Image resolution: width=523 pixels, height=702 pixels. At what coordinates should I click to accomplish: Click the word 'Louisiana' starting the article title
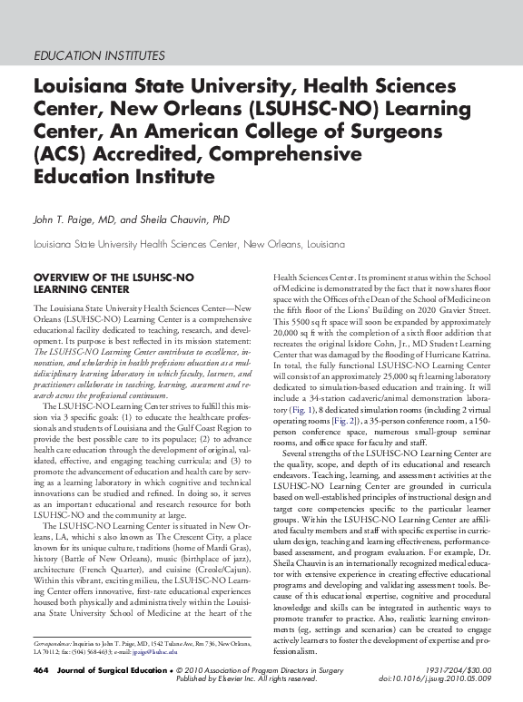(x=82, y=88)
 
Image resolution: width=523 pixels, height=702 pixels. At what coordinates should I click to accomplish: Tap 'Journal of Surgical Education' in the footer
(x=103, y=670)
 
